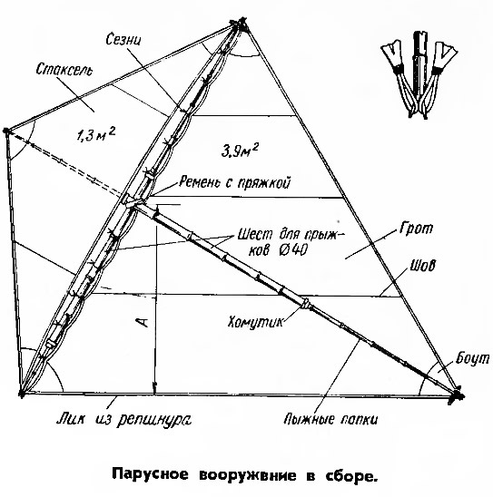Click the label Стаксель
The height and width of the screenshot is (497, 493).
64,70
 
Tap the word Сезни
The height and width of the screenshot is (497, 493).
123,39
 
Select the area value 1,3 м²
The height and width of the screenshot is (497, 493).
96,134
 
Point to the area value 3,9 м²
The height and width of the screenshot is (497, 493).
239,151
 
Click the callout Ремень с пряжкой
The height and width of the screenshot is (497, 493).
234,182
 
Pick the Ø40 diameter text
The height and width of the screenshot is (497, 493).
293,250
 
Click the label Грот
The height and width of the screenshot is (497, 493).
416,228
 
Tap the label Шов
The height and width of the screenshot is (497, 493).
422,266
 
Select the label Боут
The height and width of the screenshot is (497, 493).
473,358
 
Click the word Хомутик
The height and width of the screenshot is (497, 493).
255,322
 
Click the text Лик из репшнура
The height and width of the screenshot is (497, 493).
124,420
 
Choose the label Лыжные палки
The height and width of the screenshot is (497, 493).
330,419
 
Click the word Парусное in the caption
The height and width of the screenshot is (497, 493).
151,475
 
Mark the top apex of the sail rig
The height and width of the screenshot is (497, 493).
242,23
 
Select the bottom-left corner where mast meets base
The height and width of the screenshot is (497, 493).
22,394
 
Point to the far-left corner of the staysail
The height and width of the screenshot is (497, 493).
6,131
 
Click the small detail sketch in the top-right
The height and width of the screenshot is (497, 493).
419,74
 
